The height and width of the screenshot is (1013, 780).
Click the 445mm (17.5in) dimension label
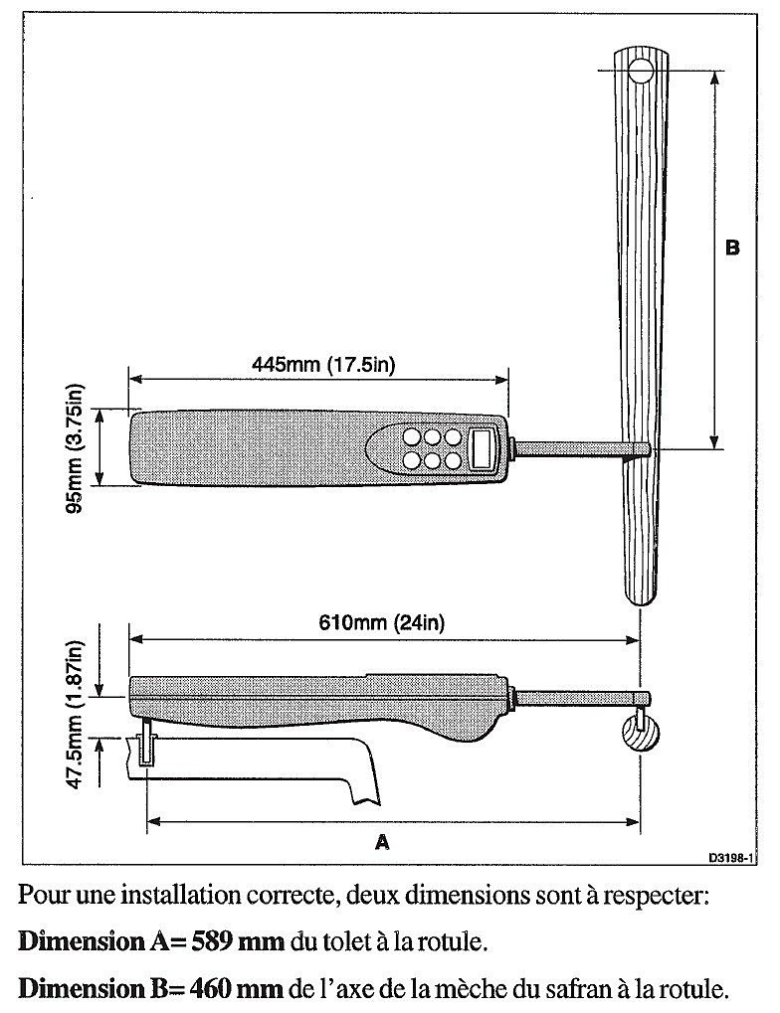tap(323, 364)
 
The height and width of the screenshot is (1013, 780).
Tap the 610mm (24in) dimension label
tap(381, 624)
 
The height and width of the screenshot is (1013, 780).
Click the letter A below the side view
tap(381, 842)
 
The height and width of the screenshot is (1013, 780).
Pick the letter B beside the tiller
tap(732, 248)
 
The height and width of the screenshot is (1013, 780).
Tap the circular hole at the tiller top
tap(640, 70)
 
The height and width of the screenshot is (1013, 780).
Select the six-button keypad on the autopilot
tap(431, 448)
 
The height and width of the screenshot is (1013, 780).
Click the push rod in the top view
tap(577, 450)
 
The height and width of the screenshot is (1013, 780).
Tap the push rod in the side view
tap(577, 698)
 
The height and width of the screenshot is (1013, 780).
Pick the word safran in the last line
tap(596, 989)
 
